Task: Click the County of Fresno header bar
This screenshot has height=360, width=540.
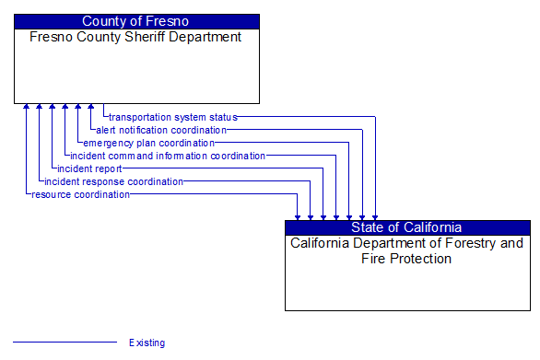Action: [x=136, y=21]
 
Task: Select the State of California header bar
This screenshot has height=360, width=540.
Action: [x=406, y=227]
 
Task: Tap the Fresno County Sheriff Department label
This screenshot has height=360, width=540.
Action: [x=135, y=38]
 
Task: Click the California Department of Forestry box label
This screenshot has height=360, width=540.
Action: [x=406, y=251]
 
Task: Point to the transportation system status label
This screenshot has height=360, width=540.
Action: [x=172, y=117]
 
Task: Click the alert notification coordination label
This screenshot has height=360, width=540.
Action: [x=160, y=130]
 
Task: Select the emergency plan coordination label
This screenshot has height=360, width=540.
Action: [x=148, y=143]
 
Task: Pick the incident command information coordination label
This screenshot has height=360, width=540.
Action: [x=168, y=156]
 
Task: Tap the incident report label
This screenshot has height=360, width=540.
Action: [x=88, y=168]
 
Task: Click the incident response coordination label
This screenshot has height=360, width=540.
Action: [x=113, y=181]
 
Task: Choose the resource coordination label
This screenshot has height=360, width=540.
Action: [x=80, y=194]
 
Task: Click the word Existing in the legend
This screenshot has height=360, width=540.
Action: [x=147, y=343]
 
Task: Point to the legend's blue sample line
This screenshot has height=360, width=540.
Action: [x=65, y=343]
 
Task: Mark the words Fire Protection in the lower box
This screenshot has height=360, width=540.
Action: [x=406, y=259]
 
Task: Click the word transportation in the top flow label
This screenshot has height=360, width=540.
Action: [x=138, y=117]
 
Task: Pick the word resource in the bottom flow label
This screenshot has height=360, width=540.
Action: [x=51, y=194]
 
